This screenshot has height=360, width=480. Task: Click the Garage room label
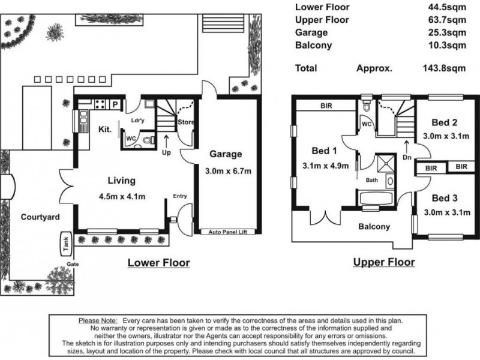[x=226, y=154]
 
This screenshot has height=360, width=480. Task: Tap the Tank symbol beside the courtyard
[x=66, y=244]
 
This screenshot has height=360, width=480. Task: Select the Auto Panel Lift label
[x=228, y=232]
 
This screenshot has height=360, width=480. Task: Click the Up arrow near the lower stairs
[x=166, y=142]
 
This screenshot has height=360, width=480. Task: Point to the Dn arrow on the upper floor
[x=407, y=147]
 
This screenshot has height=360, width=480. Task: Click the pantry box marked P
[x=115, y=104]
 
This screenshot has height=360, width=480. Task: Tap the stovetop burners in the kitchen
[x=100, y=104]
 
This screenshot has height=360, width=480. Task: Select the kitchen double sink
[x=83, y=122]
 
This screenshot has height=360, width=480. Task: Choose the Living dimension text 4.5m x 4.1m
[x=122, y=197]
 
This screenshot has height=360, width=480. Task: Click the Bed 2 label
[x=444, y=122]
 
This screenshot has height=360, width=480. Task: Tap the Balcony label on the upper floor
[x=374, y=227]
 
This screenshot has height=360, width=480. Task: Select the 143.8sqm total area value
[x=444, y=68]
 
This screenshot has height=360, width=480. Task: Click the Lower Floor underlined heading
[x=158, y=263]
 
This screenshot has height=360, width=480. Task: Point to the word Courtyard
[x=40, y=217]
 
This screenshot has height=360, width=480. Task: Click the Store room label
[x=186, y=122]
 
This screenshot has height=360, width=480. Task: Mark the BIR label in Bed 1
[x=326, y=106]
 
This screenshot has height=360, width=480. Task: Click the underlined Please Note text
[x=98, y=321]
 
